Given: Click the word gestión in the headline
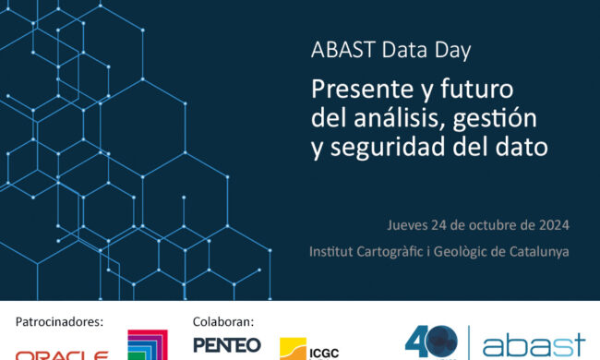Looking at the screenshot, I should (493, 119).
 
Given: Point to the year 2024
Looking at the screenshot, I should (552, 225).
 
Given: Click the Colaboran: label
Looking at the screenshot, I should (223, 322).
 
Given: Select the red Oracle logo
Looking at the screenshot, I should (62, 354).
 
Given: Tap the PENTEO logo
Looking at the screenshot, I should (227, 345).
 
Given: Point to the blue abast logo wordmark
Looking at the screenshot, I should (534, 347).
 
